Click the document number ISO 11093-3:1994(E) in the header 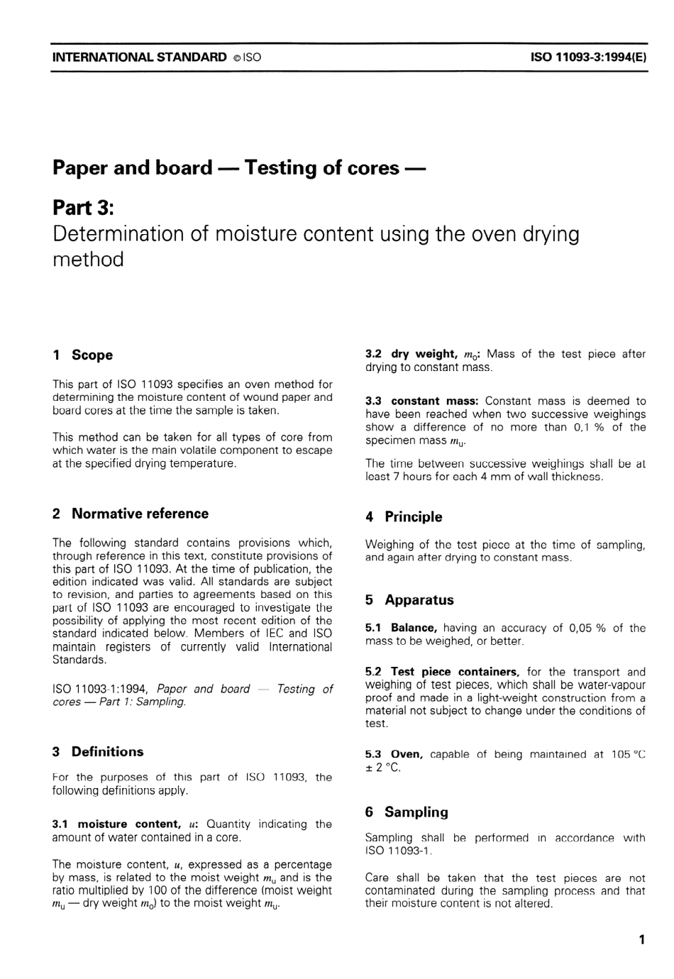(588, 57)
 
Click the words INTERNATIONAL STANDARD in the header (140, 57)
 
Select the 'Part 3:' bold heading (83, 208)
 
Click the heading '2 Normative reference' (131, 514)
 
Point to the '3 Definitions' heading (98, 752)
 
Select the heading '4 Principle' (404, 517)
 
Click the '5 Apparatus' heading (409, 600)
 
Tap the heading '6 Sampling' (407, 812)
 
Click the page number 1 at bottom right (642, 941)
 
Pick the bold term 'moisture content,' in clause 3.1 (129, 824)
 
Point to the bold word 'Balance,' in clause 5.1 (414, 628)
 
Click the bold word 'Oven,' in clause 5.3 (407, 755)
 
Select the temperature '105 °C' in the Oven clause (629, 755)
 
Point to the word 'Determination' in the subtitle (121, 234)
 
